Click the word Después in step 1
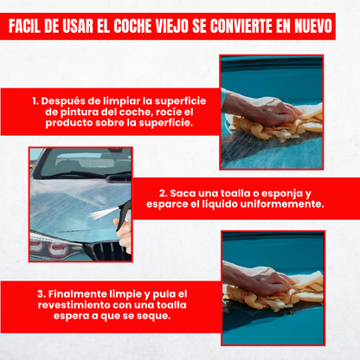71,100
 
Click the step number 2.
163,194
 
